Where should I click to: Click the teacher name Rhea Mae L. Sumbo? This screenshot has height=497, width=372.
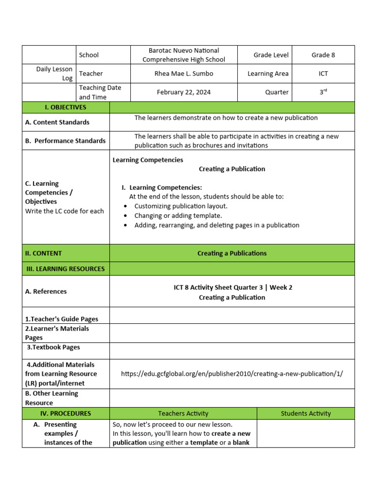[184, 74]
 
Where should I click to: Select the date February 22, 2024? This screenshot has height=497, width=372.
[184, 92]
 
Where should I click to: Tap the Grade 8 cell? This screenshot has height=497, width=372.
[323, 55]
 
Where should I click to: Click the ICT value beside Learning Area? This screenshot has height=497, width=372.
[323, 74]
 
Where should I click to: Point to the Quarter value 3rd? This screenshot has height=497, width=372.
[323, 92]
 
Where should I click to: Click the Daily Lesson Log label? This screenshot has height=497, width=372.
[54, 74]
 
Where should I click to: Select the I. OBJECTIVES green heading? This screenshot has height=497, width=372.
[66, 107]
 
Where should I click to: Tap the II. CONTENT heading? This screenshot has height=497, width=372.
[44, 253]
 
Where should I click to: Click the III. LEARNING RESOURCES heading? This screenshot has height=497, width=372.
[65, 269]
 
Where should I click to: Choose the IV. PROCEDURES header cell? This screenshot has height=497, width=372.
[66, 414]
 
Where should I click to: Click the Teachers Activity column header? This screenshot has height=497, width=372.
[183, 414]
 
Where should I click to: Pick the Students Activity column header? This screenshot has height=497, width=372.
[306, 414]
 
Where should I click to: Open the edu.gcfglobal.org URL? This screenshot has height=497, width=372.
[232, 374]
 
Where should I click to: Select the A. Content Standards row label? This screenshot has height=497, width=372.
[57, 122]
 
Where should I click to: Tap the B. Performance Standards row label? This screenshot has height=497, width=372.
[65, 141]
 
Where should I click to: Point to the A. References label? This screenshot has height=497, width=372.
[46, 292]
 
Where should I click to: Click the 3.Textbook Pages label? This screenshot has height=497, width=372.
[53, 348]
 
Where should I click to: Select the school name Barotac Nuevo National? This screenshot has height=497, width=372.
[184, 50]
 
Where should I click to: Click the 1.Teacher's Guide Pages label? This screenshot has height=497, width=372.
[62, 319]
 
